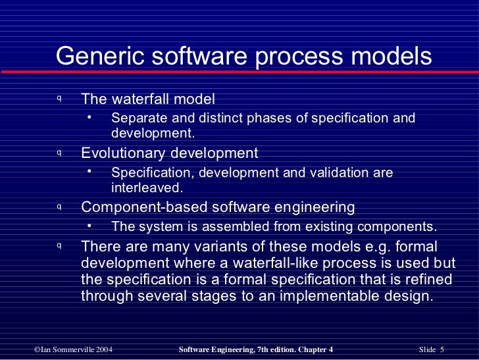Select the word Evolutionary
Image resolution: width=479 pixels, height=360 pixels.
[123, 153]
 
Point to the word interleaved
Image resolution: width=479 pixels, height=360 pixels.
[146, 187]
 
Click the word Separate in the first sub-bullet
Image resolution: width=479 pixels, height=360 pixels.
[137, 118]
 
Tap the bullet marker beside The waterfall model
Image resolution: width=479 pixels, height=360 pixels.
[59, 99]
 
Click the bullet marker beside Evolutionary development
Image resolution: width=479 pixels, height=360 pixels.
[59, 153]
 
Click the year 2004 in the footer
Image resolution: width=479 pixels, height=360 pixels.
[111, 349]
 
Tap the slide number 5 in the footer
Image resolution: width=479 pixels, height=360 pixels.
[442, 349]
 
